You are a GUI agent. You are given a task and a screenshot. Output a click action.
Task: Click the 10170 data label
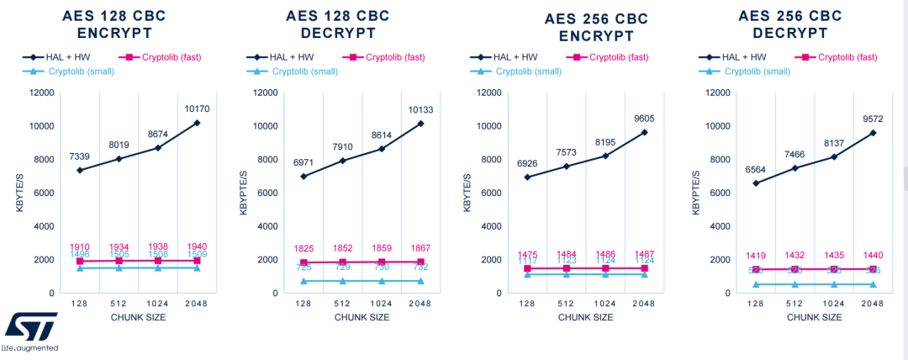tap(197, 109)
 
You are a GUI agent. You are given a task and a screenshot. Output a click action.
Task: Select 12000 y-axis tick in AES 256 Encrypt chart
tap(489, 93)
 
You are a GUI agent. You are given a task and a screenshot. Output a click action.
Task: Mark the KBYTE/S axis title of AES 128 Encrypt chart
tap(19, 193)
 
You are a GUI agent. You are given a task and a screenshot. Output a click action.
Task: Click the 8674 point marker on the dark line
tap(159, 148)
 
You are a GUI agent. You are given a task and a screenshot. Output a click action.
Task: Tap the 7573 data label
tap(570, 152)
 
